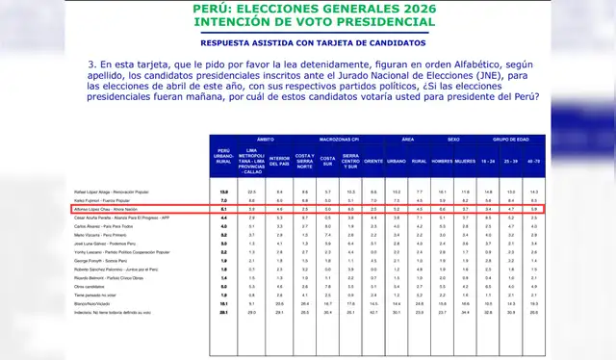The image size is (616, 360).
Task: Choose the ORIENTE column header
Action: [373, 160]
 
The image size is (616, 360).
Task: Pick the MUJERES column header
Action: [467, 160]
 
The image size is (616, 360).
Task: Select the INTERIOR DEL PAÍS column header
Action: [279, 160]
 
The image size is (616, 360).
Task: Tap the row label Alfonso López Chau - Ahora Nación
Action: [107, 208]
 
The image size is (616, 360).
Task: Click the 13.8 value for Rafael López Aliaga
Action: [223, 193]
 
